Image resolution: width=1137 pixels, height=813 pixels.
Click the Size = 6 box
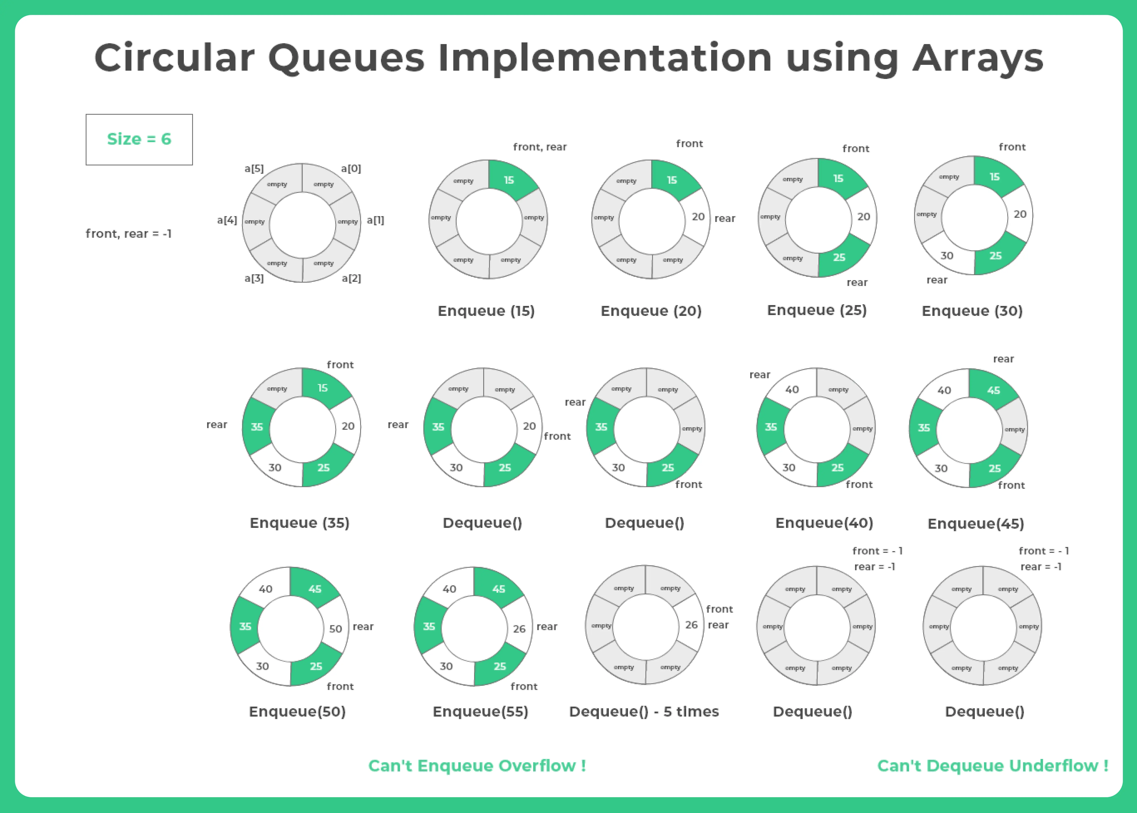pyautogui.click(x=139, y=139)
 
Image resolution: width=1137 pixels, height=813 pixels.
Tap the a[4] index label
pyautogui.click(x=227, y=220)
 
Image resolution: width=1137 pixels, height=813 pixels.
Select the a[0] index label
pyautogui.click(x=351, y=169)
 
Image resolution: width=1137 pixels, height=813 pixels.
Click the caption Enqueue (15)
pyautogui.click(x=486, y=311)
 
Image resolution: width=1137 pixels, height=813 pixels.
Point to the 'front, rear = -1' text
pyautogui.click(x=129, y=234)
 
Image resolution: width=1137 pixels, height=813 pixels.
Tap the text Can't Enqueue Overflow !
pyautogui.click(x=477, y=765)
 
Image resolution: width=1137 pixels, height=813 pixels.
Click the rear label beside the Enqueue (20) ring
pyautogui.click(x=725, y=218)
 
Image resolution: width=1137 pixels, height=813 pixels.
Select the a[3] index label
pyautogui.click(x=254, y=278)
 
